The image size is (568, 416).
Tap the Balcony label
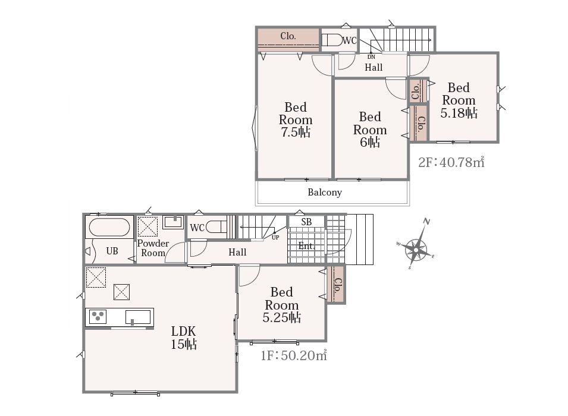click(x=325, y=192)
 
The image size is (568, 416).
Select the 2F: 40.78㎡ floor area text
click(x=451, y=162)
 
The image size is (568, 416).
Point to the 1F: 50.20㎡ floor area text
click(x=294, y=355)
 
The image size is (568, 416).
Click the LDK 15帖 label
click(x=184, y=338)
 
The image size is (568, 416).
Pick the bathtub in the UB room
click(x=109, y=228)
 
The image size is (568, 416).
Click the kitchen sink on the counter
click(x=138, y=317)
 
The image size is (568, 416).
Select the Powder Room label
click(x=153, y=248)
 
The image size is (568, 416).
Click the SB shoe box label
click(x=306, y=222)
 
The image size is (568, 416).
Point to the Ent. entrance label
click(x=306, y=246)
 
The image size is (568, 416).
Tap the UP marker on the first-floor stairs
click(x=275, y=238)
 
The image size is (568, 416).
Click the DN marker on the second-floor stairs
click(x=371, y=57)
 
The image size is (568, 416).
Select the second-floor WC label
click(x=350, y=40)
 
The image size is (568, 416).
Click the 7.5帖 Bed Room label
click(x=296, y=119)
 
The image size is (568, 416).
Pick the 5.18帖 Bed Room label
click(x=459, y=100)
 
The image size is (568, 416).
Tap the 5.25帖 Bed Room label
click(x=282, y=304)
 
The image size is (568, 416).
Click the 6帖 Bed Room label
click(x=370, y=129)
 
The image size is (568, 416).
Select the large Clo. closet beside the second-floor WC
click(x=288, y=39)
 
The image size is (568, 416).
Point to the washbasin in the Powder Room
click(x=173, y=222)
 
